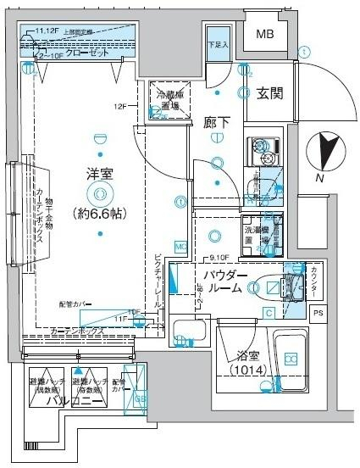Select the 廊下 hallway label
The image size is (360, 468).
(x=217, y=121)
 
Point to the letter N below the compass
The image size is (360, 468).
(x=319, y=179)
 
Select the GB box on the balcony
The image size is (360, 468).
(x=141, y=398)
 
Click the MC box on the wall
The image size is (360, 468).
(x=180, y=247)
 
